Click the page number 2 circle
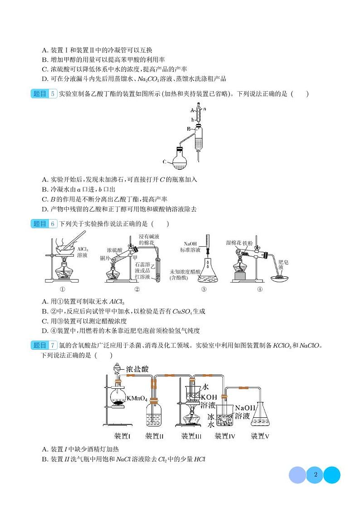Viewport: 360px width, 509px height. tap(315, 475)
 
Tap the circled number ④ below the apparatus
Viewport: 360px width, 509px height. tap(259, 289)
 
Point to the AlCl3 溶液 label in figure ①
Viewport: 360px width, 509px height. tap(83, 252)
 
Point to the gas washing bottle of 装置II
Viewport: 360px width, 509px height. tap(155, 415)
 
